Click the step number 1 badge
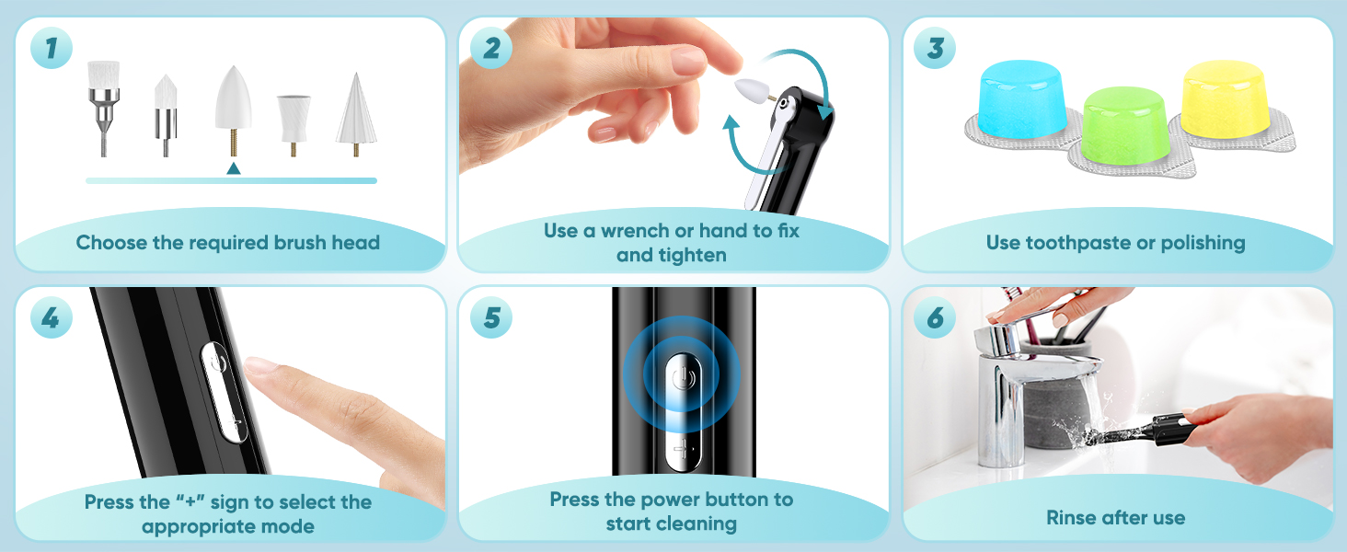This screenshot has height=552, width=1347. pyautogui.click(x=52, y=48)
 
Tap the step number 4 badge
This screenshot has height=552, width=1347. pyautogui.click(x=52, y=317)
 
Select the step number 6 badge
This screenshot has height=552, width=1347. pyautogui.click(x=935, y=317)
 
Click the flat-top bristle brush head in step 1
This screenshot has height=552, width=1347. pyautogui.click(x=103, y=109)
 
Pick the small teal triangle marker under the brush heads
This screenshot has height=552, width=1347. pyautogui.click(x=234, y=168)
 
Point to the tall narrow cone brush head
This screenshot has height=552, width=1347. pyautogui.click(x=356, y=114)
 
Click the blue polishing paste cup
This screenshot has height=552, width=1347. pyautogui.click(x=1021, y=98)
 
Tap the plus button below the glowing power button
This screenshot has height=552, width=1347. pyautogui.click(x=683, y=450)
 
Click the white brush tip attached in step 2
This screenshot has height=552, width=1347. pyautogui.click(x=751, y=90)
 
